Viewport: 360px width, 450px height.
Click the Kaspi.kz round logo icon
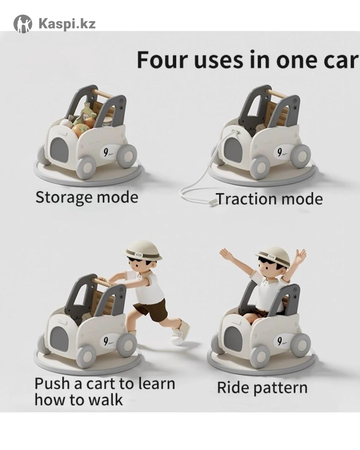coord(23,24)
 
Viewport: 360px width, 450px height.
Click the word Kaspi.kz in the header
coord(67,23)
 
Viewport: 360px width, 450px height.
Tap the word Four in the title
coord(161,60)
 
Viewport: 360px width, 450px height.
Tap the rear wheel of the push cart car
coord(127,345)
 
